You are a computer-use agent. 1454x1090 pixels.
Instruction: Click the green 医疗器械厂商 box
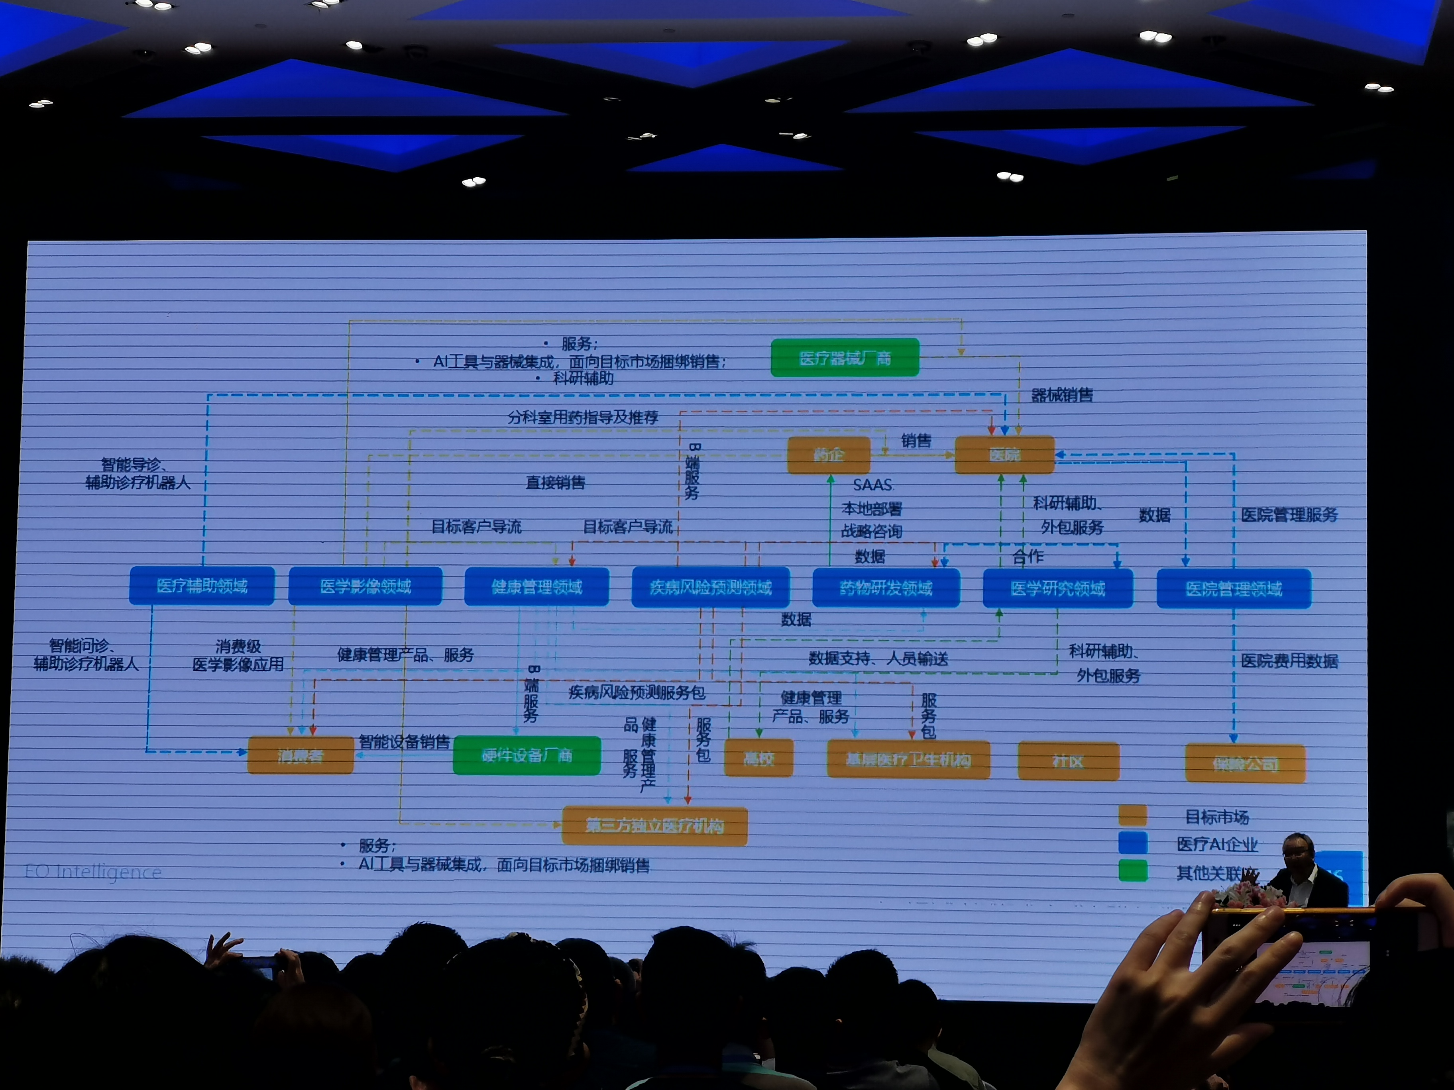(x=845, y=357)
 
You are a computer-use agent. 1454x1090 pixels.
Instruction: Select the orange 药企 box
(x=828, y=455)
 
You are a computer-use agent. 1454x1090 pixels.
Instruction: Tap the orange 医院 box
(x=1004, y=455)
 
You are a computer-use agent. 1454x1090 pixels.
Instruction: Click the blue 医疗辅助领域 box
(x=202, y=585)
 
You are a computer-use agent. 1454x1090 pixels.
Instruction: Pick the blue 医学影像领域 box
(x=365, y=586)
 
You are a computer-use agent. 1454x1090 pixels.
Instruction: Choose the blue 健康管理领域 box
(x=536, y=587)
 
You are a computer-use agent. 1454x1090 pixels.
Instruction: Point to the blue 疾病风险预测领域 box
(x=711, y=587)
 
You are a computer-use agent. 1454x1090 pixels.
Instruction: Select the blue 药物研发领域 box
(x=886, y=588)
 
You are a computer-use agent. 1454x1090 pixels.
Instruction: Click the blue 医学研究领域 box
(x=1058, y=589)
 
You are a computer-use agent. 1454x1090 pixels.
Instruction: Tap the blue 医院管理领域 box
(x=1234, y=589)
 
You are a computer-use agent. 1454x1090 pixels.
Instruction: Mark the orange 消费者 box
(x=301, y=756)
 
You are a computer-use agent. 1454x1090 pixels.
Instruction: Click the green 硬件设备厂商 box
(x=527, y=756)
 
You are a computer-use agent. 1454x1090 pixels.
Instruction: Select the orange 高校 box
(x=758, y=759)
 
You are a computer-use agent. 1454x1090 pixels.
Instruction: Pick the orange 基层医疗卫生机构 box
(x=908, y=760)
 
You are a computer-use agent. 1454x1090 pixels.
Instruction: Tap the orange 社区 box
(x=1068, y=761)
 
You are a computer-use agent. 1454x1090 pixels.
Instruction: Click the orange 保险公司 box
(x=1245, y=763)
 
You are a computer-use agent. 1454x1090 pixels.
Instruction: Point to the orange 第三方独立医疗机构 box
(x=655, y=826)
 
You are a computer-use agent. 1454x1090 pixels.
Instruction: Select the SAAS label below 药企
(x=872, y=485)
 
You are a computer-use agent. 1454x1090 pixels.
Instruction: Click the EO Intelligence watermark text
(x=93, y=872)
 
